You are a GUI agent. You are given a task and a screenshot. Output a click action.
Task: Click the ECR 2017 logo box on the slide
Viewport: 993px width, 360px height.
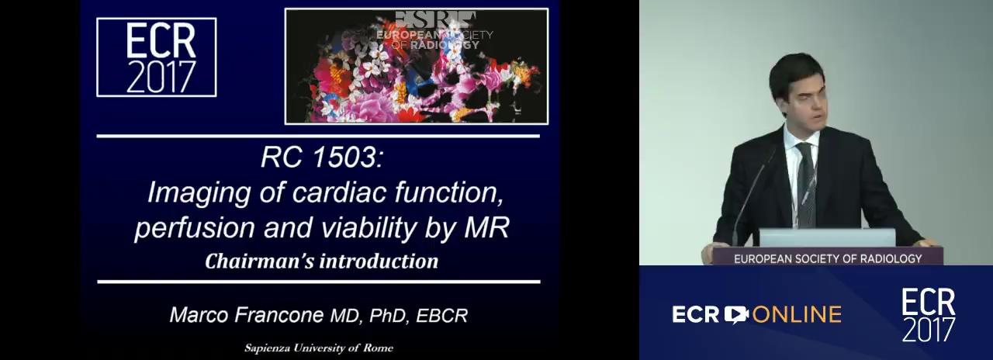tap(157, 57)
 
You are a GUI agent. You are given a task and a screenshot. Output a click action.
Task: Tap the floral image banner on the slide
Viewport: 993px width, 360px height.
tap(417, 66)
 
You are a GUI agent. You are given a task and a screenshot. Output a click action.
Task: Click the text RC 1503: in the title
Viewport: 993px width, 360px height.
tap(322, 157)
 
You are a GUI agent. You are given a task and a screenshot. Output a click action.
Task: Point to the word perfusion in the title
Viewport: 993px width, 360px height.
tap(195, 228)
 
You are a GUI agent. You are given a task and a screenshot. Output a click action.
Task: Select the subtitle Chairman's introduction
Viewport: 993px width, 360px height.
tap(321, 261)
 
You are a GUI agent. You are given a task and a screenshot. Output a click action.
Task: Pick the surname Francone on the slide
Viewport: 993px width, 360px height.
tap(279, 315)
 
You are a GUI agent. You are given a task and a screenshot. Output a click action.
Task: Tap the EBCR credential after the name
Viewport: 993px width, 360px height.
tap(442, 316)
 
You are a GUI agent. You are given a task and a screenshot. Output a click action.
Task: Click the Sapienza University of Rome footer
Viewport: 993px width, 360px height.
tap(319, 348)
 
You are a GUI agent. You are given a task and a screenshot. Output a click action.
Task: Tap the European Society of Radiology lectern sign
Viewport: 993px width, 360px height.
tap(828, 258)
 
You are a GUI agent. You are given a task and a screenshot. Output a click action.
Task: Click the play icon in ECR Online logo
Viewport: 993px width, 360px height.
tap(736, 315)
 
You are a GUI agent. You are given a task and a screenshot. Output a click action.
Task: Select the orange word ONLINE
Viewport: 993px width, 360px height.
tap(797, 315)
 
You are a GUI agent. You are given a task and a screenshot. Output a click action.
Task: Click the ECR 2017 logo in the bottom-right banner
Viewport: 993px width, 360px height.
tap(929, 315)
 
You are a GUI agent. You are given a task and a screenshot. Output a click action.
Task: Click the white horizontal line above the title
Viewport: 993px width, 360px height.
tap(318, 136)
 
